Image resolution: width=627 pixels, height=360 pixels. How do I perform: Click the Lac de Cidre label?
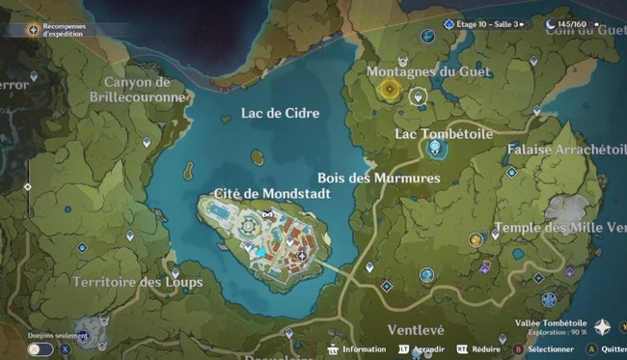280,114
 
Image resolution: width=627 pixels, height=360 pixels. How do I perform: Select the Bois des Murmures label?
378,179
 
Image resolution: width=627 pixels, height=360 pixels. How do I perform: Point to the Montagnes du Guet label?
429,72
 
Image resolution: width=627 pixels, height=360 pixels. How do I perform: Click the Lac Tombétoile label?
444,133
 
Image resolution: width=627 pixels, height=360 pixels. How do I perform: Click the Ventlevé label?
415,330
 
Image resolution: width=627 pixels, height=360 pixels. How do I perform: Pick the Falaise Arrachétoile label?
566,150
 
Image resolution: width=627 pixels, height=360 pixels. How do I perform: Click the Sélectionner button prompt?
543,349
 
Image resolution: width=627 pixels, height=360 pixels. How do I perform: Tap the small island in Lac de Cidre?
257,154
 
